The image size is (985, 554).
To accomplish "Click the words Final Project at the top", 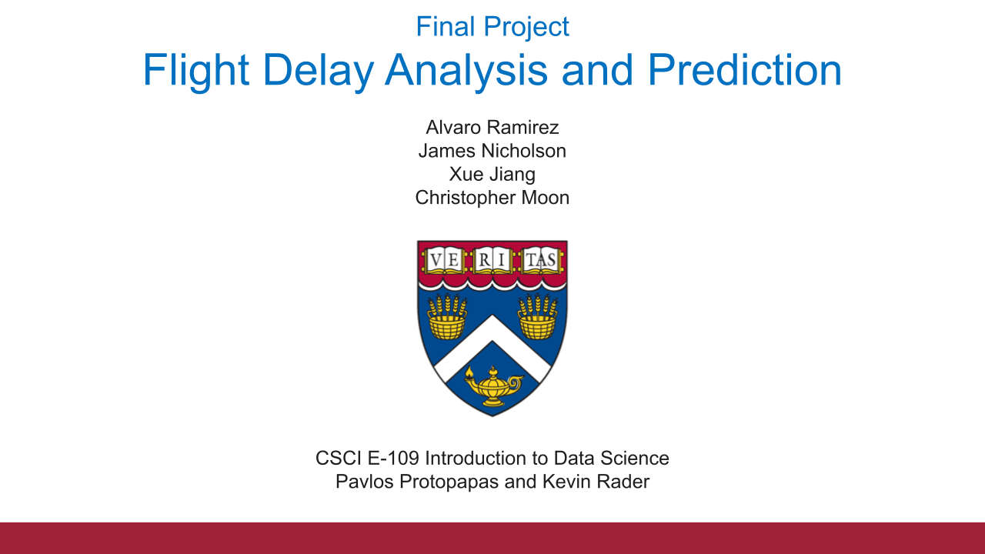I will (x=492, y=27).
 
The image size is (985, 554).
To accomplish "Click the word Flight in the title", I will (x=195, y=70).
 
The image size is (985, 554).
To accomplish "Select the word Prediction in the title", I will (x=744, y=70).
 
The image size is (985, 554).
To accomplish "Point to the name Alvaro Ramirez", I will (x=492, y=127).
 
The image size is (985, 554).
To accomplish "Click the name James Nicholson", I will (x=492, y=151).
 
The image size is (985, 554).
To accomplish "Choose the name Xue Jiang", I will (x=492, y=174).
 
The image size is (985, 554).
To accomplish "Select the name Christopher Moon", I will (x=492, y=198).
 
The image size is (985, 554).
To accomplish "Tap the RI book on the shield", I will (x=492, y=261).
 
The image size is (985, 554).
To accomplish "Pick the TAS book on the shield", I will (x=540, y=261).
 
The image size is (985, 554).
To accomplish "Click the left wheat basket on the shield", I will (x=446, y=318).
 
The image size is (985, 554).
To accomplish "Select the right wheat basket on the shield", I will (x=538, y=318).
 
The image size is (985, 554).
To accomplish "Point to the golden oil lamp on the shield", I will (x=492, y=386).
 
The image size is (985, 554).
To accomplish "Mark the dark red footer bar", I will (x=492, y=538).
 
